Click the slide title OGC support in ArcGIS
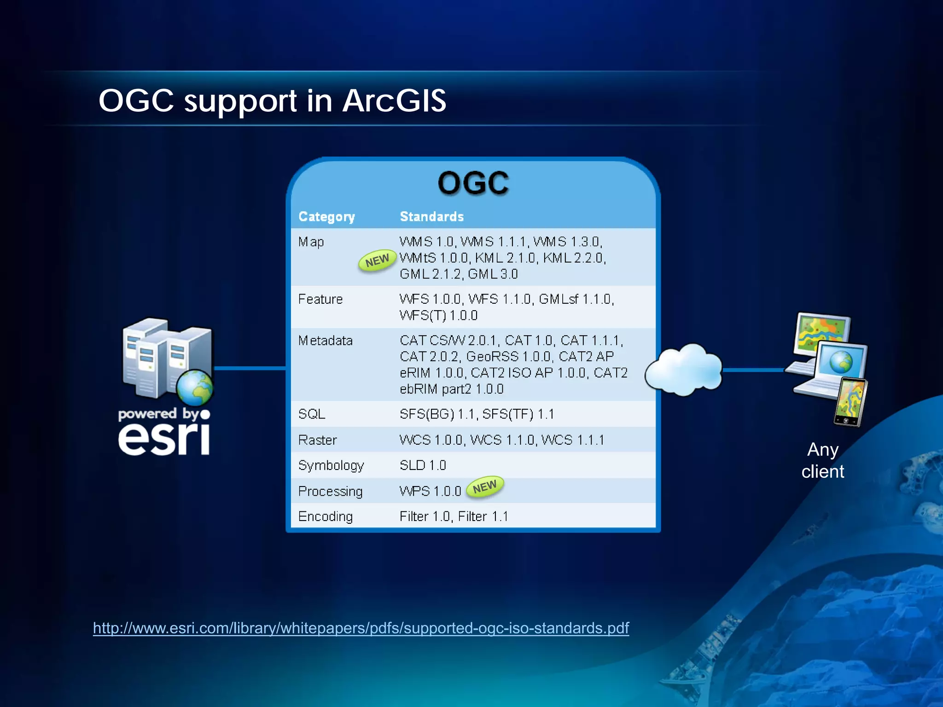pos(272,100)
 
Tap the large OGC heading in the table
pos(473,183)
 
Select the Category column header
pos(326,216)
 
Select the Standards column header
pos(431,216)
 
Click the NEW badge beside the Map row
pos(377,261)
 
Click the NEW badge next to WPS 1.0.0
pos(485,487)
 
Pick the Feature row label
pos(320,299)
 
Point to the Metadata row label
pos(325,341)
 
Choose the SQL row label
pos(312,414)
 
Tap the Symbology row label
pos(331,465)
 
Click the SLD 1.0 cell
pos(423,465)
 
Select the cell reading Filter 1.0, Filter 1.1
pos(454,516)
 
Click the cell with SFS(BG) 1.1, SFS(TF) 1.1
pos(477,414)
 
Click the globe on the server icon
pos(195,388)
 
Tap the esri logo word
pos(164,439)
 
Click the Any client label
pos(822,460)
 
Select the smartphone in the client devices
pos(850,402)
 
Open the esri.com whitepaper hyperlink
pos(361,628)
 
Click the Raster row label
pos(317,440)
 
